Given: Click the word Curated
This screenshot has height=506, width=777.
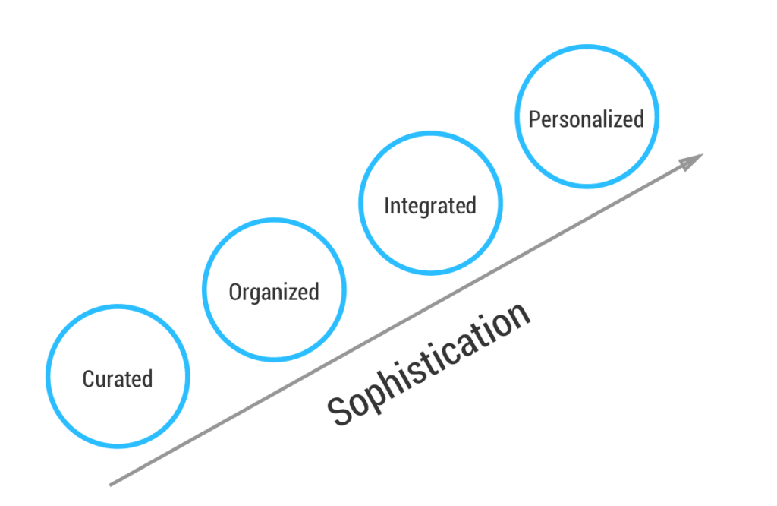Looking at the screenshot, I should pyautogui.click(x=118, y=378).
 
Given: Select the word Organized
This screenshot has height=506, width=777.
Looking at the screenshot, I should pyautogui.click(x=274, y=292).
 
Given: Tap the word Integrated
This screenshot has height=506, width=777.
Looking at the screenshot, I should pyautogui.click(x=430, y=206).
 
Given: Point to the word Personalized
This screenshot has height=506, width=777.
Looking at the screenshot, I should pyautogui.click(x=586, y=119).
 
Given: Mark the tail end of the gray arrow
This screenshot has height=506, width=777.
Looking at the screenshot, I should pyautogui.click(x=111, y=484).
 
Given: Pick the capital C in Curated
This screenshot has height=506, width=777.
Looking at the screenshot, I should pyautogui.click(x=88, y=378).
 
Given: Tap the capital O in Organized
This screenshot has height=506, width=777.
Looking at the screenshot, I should pyautogui.click(x=235, y=292).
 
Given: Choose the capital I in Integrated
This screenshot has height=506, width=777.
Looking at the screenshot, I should pyautogui.click(x=388, y=205).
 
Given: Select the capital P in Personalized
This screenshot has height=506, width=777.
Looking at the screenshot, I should pyautogui.click(x=534, y=119).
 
